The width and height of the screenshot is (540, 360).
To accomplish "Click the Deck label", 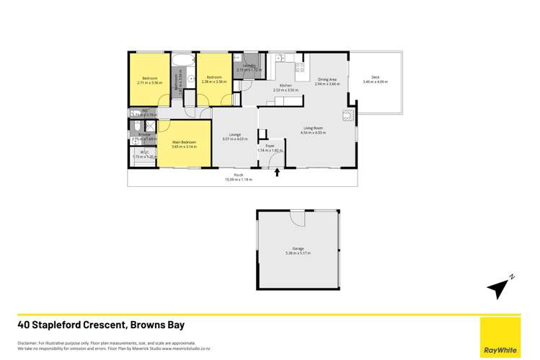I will click(x=375, y=77).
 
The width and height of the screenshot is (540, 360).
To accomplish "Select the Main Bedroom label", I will click(x=185, y=142).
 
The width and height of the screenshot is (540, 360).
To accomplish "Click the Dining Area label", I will click(x=327, y=80).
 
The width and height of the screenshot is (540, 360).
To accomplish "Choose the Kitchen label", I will click(x=286, y=86).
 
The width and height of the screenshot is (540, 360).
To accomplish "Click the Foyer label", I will click(x=270, y=146).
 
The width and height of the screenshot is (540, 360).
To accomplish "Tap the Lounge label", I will click(x=235, y=134).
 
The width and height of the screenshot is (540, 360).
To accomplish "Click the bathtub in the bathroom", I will click(x=182, y=58).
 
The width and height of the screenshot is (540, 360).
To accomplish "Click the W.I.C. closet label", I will click(x=143, y=152).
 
